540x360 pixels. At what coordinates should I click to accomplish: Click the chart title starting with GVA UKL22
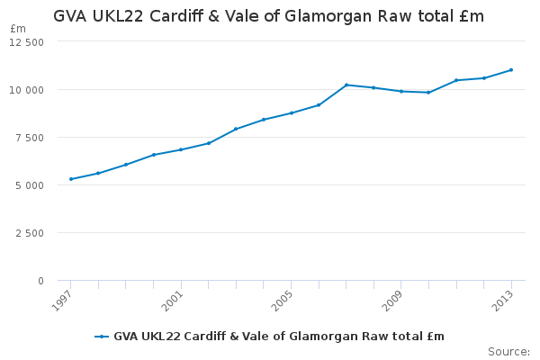(x=268, y=16)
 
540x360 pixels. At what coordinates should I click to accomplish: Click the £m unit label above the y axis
(x=18, y=29)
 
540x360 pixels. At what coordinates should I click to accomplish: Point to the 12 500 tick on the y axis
(x=27, y=42)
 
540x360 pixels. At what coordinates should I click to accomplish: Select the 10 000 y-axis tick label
(x=27, y=90)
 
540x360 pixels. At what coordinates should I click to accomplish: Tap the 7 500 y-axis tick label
(x=30, y=138)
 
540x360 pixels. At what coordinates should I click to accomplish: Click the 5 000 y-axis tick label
(x=30, y=185)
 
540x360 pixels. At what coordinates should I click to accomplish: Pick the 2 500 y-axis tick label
(x=30, y=233)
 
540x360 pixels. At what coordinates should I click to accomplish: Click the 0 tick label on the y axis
(x=40, y=281)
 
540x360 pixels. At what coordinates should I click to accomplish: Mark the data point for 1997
(x=71, y=179)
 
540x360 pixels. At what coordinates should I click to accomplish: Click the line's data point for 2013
(x=511, y=69)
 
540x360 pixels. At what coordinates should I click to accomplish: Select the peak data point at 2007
(x=346, y=85)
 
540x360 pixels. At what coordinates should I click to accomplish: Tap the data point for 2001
(x=181, y=149)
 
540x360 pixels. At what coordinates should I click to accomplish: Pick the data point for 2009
(x=401, y=91)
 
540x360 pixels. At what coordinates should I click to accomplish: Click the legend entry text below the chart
(x=278, y=337)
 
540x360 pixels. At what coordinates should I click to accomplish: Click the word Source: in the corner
(x=508, y=351)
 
